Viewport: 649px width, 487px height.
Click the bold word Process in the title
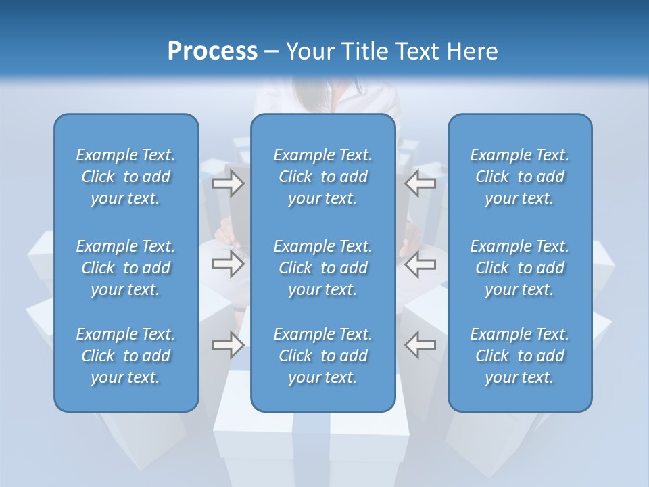(x=212, y=51)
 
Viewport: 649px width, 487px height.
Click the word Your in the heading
(x=309, y=51)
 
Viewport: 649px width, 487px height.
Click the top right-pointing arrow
(x=228, y=183)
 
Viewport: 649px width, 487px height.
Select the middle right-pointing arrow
(x=228, y=264)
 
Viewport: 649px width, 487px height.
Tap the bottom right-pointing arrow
(x=228, y=345)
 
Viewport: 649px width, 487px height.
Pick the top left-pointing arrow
(x=420, y=183)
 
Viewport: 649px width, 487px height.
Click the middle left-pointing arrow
(x=420, y=264)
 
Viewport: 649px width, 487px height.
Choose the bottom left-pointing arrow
(x=420, y=345)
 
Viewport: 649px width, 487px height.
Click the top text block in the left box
(x=126, y=177)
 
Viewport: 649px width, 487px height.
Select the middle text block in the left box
(x=126, y=268)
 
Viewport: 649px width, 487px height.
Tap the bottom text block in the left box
(x=126, y=356)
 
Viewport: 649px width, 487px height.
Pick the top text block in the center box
(x=323, y=177)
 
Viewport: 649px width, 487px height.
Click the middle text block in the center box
(x=323, y=268)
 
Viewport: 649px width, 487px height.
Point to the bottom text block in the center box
(x=323, y=356)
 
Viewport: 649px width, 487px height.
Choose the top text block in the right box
(x=520, y=177)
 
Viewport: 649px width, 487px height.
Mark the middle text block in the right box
(x=520, y=268)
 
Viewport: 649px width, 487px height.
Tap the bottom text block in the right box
(x=520, y=356)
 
